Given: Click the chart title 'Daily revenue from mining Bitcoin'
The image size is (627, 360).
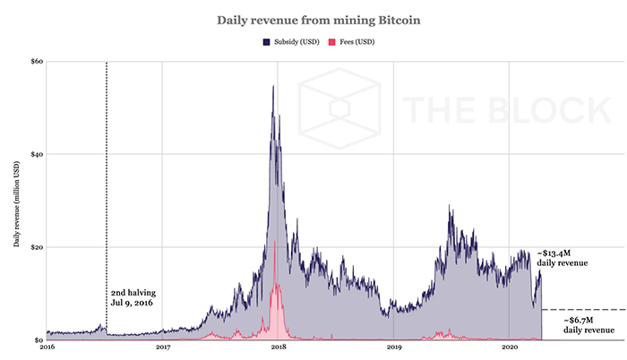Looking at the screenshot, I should pos(313,18).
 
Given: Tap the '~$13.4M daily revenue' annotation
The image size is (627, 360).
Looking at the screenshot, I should pos(563,258).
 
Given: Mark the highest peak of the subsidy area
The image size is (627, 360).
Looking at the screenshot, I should pos(273,86).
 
